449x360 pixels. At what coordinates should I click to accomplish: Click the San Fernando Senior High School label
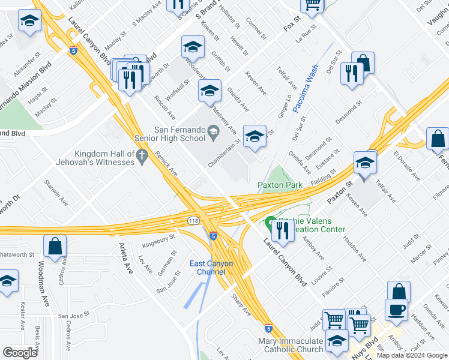coord(179,134)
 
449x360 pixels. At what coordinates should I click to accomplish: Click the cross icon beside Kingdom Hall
coord(142,158)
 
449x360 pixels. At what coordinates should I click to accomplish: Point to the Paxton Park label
coord(280,185)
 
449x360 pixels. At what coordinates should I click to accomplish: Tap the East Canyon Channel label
coord(211,268)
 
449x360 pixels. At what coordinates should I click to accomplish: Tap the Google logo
coord(20,353)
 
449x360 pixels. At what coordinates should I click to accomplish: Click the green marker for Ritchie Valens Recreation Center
coord(271,223)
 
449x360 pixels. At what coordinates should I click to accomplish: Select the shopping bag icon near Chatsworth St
coord(55,246)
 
